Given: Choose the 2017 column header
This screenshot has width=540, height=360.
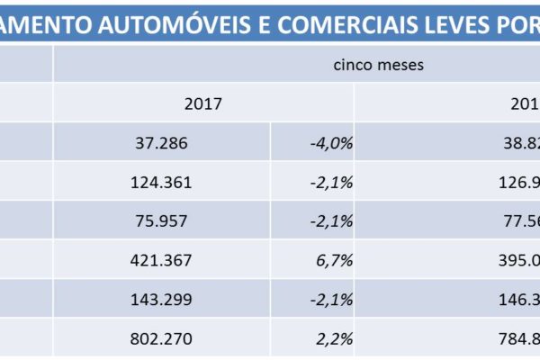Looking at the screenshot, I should coord(202,103).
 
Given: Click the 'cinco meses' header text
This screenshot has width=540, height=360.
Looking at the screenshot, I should coord(378,65).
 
